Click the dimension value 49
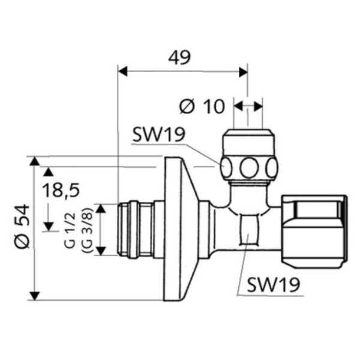coord(179,58)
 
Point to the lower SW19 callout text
coord(271,284)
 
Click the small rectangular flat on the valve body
coord(248,232)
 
